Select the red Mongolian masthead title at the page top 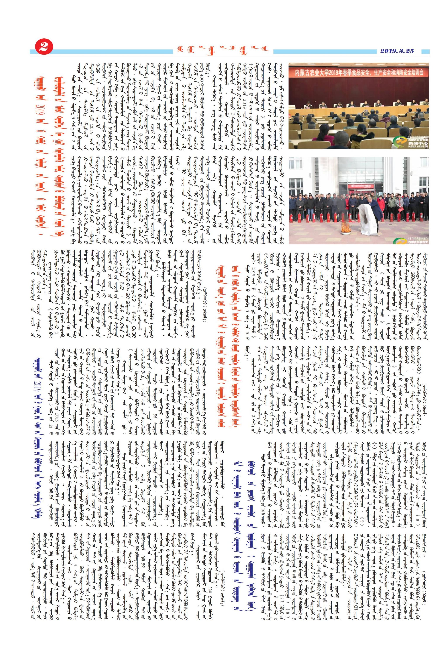(x=222, y=51)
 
